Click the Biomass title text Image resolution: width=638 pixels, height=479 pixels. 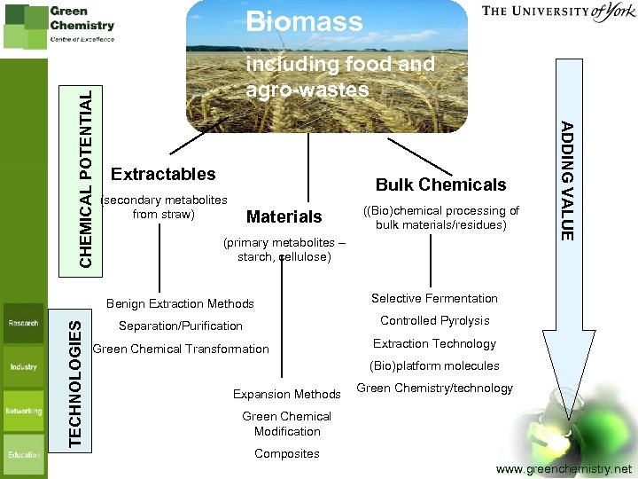point(304,21)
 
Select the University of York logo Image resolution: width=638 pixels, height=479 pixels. point(557,13)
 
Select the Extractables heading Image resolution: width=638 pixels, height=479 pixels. point(163,174)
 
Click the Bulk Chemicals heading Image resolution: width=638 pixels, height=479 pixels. point(440,185)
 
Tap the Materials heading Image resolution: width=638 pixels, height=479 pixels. point(284,216)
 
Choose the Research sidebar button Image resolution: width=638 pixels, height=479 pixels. point(24,323)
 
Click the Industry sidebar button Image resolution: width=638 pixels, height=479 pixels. point(24,366)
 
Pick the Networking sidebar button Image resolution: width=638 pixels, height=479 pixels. point(24,411)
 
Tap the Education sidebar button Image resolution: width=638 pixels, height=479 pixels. point(24,454)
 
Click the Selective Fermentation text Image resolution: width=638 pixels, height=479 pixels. point(434,298)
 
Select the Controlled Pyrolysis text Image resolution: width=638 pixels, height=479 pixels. point(434,320)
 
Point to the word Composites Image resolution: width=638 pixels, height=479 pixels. point(286,453)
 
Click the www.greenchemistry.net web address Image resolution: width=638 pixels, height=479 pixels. point(564,468)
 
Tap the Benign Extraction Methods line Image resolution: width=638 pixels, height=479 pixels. point(180,303)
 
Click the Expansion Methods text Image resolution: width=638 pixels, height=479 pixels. point(286,394)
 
